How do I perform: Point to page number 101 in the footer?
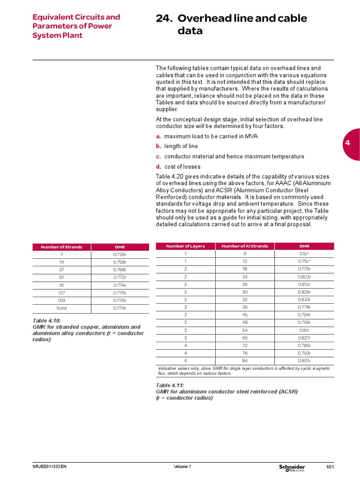point(330,467)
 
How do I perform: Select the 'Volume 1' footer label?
point(182,467)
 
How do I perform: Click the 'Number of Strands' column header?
point(61,247)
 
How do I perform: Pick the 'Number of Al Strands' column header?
point(245,246)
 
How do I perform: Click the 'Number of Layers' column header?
point(185,246)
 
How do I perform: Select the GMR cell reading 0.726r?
point(120,255)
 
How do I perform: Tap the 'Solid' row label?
point(61,308)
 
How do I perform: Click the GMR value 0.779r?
point(120,308)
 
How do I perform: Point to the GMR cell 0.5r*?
point(304,254)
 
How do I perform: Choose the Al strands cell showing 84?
point(245,360)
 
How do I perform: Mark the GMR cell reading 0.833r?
point(304,299)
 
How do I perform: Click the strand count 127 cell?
point(61,293)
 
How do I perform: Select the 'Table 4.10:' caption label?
point(46,321)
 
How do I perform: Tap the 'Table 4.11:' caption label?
point(170,385)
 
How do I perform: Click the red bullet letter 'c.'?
point(158,157)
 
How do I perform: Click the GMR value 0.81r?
point(304,330)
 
